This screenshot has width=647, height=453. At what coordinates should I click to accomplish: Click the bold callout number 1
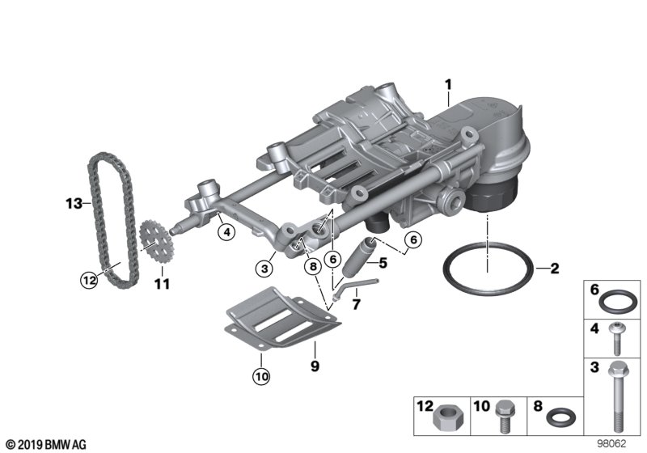point(448,83)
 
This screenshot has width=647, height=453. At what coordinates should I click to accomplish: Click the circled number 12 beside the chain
point(88,281)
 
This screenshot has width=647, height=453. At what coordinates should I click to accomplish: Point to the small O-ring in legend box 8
point(560,418)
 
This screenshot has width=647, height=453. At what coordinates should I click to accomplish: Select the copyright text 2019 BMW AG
point(44,444)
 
